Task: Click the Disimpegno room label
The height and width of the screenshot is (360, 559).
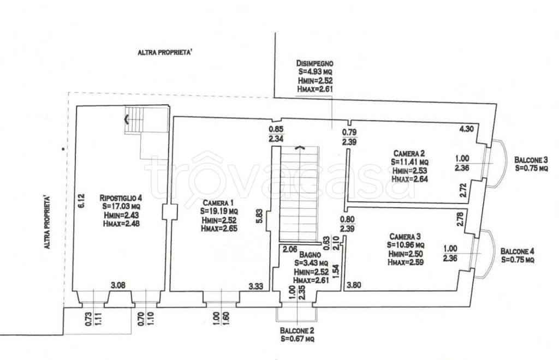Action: pyautogui.click(x=315, y=63)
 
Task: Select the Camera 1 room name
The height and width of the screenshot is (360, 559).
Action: pyautogui.click(x=218, y=202)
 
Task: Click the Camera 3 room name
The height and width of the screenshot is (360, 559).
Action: pyautogui.click(x=405, y=236)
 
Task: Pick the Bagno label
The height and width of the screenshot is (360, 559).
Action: pyautogui.click(x=310, y=255)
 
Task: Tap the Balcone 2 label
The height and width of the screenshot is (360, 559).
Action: pyautogui.click(x=297, y=331)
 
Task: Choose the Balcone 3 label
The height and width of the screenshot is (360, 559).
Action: pyautogui.click(x=531, y=160)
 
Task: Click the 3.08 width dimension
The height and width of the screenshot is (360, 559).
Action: pyautogui.click(x=118, y=285)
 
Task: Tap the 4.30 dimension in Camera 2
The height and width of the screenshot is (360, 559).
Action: pyautogui.click(x=467, y=129)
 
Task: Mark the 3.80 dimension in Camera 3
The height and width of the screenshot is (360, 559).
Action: pyautogui.click(x=354, y=285)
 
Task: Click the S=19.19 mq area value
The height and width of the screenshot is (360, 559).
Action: pyautogui.click(x=219, y=212)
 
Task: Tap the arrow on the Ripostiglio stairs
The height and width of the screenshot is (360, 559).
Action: pyautogui.click(x=126, y=119)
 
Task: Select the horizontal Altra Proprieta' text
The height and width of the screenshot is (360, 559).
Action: pyautogui.click(x=165, y=53)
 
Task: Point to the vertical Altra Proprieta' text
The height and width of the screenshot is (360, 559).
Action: pyautogui.click(x=46, y=222)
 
